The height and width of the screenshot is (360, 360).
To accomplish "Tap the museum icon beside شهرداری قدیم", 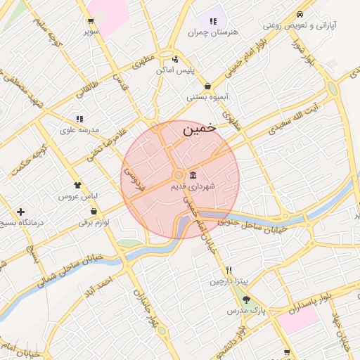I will (193, 175).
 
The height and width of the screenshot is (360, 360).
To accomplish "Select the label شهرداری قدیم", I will (193, 188).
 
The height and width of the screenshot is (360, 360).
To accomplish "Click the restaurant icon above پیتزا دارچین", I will (229, 270).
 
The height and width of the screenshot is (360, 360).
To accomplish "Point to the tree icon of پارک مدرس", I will (245, 300).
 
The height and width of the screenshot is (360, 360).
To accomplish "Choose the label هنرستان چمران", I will (214, 32).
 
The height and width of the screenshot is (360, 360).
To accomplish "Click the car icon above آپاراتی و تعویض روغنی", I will (300, 14).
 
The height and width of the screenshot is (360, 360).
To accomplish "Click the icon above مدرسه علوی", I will (79, 119).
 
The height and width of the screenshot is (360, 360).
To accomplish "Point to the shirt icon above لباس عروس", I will (77, 184).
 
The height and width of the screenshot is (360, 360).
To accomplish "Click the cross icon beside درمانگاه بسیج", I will (20, 212).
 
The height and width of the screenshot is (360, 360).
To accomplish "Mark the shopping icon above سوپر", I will (91, 20).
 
